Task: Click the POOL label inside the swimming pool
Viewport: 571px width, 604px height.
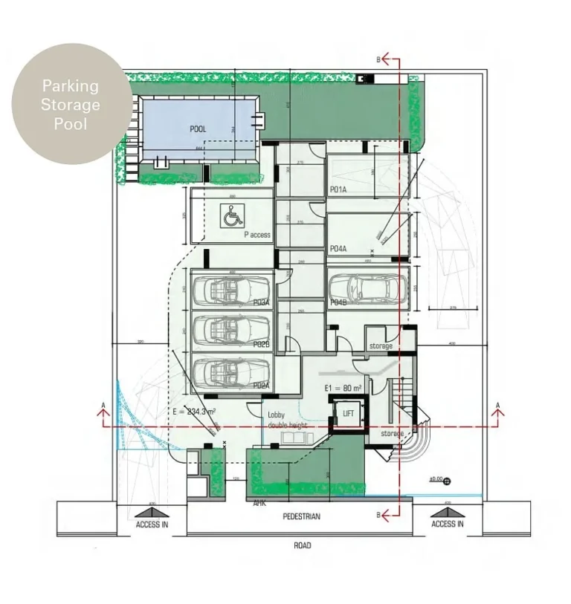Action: tap(198, 129)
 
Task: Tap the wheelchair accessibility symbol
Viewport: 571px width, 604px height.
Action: tap(232, 218)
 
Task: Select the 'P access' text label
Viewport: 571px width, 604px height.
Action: tap(257, 235)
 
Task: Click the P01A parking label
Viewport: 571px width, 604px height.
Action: tap(339, 190)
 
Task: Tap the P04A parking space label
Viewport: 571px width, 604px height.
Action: tap(339, 248)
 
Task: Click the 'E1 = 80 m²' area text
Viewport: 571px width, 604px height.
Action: tap(343, 389)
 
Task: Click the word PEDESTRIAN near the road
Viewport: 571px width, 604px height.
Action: tap(301, 516)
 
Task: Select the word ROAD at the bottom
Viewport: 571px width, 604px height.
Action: tap(302, 545)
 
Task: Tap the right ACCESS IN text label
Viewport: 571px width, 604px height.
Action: tap(448, 524)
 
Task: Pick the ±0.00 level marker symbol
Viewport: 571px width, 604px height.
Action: tap(446, 481)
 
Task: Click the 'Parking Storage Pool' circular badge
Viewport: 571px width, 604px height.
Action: tap(71, 104)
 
